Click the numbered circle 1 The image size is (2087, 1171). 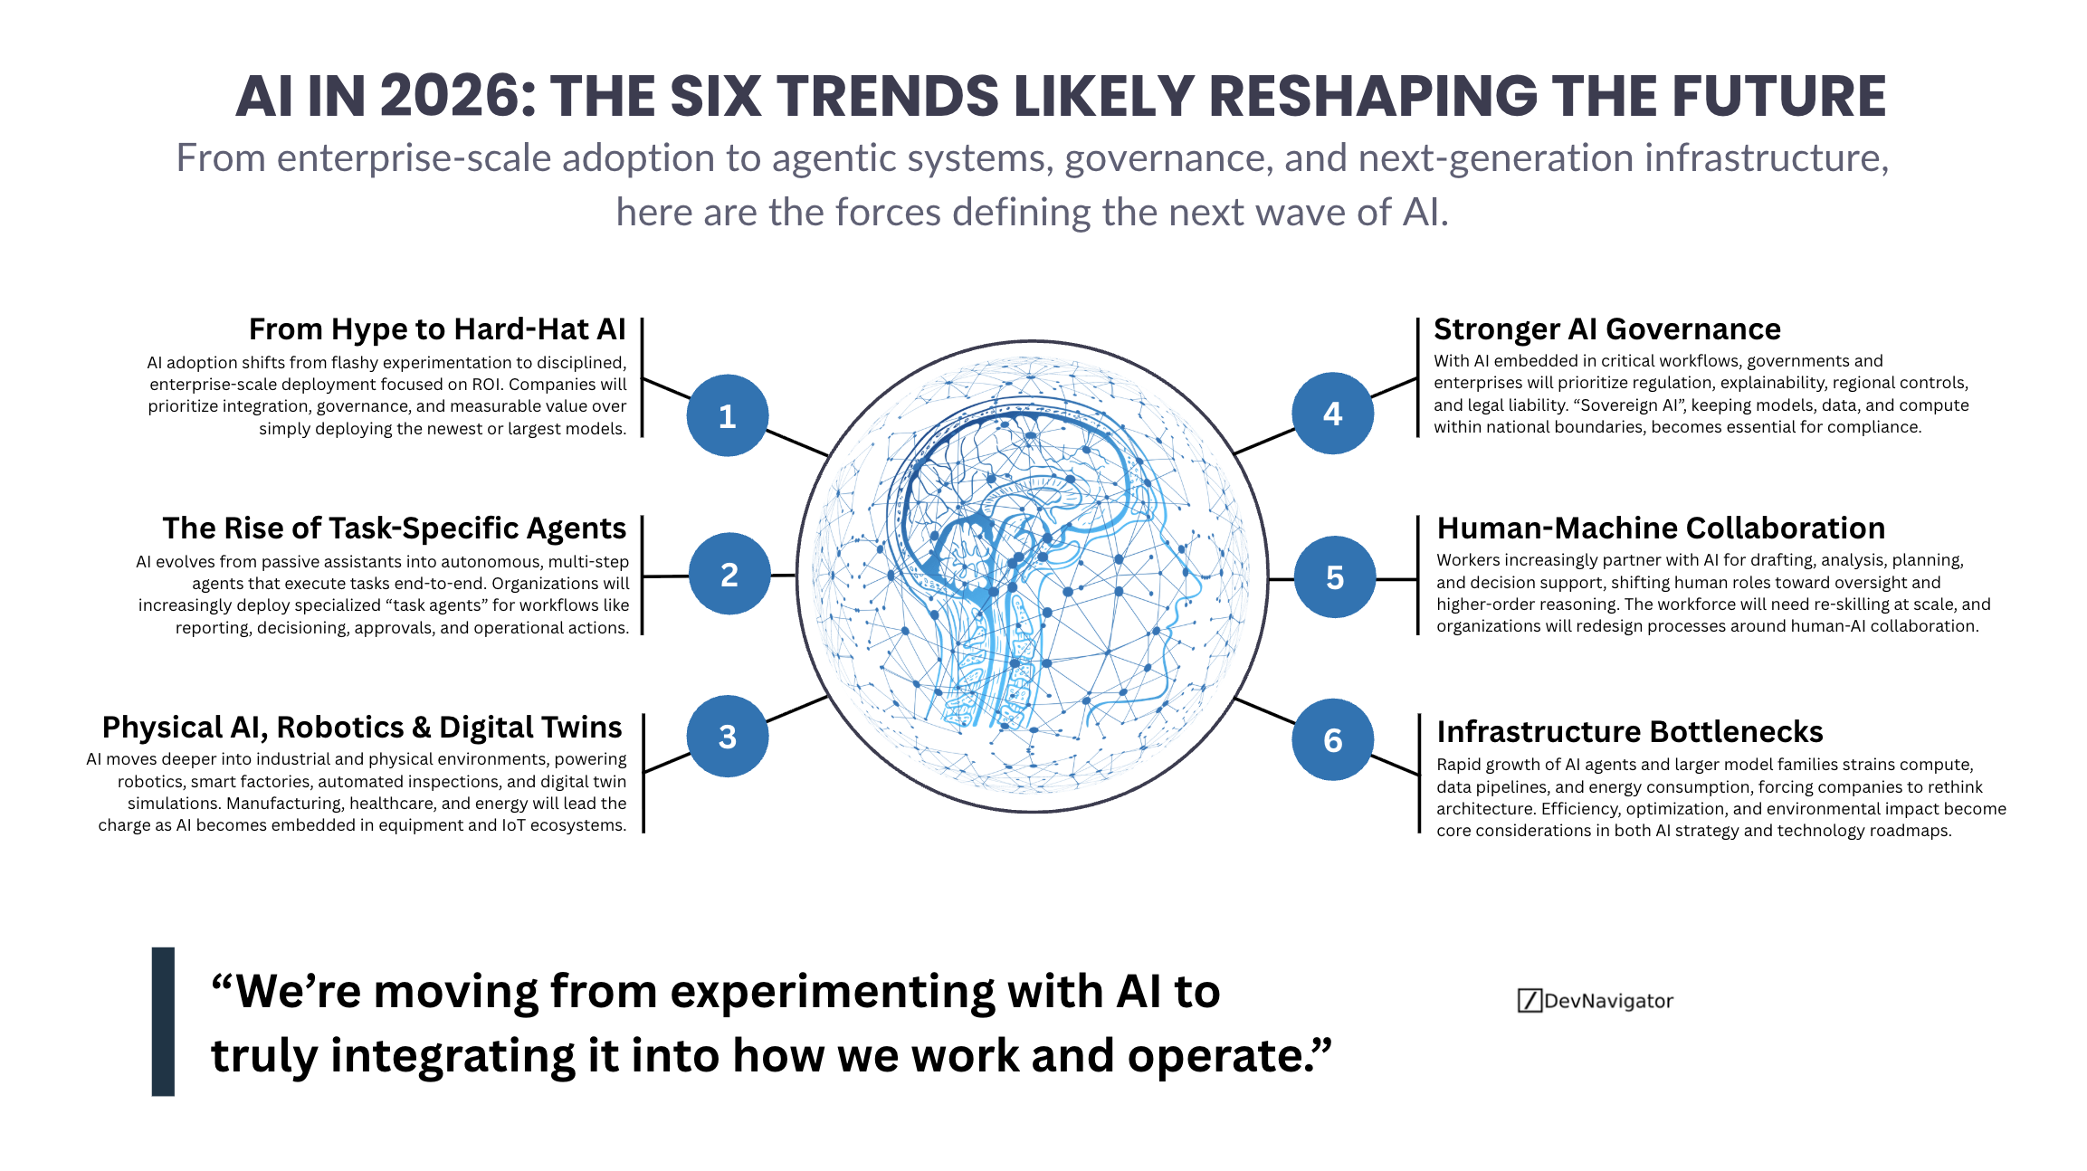pos(728,415)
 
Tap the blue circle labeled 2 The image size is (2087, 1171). pos(729,574)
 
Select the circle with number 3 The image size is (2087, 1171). pos(728,737)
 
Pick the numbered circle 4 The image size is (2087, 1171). pos(1332,414)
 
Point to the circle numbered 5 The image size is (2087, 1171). pos(1335,577)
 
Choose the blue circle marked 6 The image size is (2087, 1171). pos(1332,740)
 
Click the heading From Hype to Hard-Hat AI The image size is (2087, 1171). pos(437,329)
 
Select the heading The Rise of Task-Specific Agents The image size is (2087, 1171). pos(394,528)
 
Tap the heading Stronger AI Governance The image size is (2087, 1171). pos(1607,329)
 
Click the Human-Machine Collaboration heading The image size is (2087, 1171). pos(1662,528)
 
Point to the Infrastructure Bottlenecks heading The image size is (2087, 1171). pos(1630,731)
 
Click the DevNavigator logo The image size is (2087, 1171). pos(1596,1001)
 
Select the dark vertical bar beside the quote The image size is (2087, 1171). pos(163,1022)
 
